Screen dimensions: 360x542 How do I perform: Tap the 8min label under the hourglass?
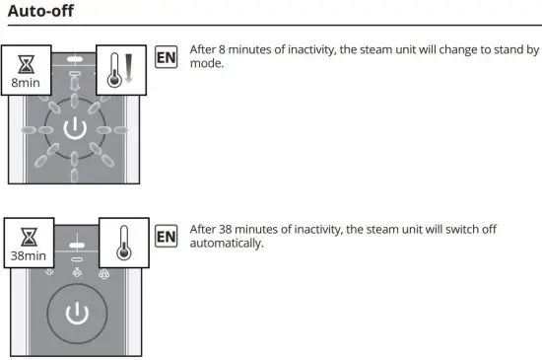(26, 85)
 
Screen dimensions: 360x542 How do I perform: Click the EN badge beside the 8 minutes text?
(167, 56)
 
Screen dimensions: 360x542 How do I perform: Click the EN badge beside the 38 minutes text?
(167, 236)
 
